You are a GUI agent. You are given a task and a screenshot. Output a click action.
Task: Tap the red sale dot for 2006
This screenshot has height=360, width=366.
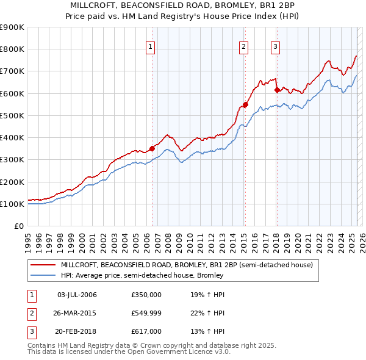[x=152, y=148]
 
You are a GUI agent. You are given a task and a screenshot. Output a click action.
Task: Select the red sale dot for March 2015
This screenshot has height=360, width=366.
[x=245, y=104]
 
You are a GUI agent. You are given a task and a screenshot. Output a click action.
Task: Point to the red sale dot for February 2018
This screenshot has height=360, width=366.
[x=276, y=90]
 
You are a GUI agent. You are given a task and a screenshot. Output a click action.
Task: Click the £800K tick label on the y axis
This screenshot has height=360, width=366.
[x=12, y=49]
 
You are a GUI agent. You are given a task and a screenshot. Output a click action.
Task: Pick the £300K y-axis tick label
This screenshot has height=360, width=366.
[x=12, y=160]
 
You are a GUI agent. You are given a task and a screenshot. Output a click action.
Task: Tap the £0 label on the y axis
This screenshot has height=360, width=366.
[x=18, y=226]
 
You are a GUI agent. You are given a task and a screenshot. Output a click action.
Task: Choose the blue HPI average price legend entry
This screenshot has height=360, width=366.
[x=142, y=275]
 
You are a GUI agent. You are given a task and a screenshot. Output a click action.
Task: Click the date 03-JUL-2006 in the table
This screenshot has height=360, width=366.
[x=77, y=295]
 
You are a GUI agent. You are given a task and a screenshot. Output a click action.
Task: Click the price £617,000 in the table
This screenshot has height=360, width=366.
[x=146, y=331]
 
